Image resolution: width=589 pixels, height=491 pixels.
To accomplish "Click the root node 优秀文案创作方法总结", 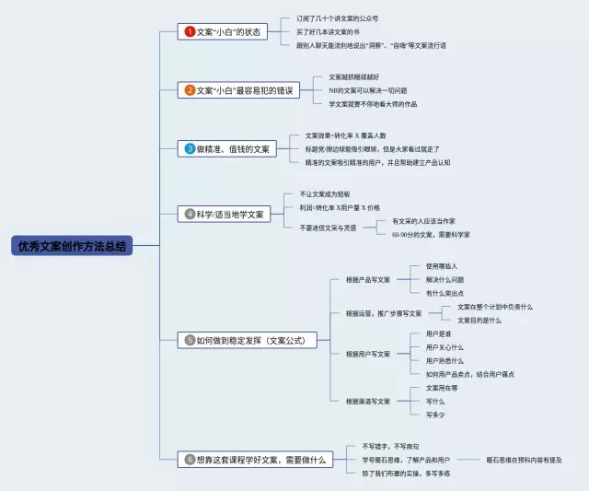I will pyautogui.click(x=72, y=246).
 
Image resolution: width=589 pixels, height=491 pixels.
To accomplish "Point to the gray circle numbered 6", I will pyautogui.click(x=190, y=459).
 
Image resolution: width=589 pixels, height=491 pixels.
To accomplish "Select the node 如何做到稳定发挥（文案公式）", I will pyautogui.click(x=249, y=340).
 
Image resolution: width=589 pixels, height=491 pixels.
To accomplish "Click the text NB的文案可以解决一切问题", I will pyautogui.click(x=367, y=90).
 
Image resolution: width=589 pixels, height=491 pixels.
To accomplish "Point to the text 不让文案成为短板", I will pyautogui.click(x=325, y=194).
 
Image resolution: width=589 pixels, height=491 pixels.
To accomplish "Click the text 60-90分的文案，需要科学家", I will pyautogui.click(x=430, y=235).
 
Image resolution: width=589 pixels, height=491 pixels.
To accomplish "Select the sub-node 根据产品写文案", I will pyautogui.click(x=367, y=279).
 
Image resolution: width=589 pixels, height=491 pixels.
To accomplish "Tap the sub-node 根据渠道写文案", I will pyautogui.click(x=367, y=401).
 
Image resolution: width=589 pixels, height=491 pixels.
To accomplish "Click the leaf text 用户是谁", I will pyautogui.click(x=438, y=333).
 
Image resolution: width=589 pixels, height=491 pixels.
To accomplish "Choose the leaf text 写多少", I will pyautogui.click(x=435, y=415).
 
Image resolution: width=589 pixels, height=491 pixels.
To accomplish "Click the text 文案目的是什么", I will pyautogui.click(x=479, y=320).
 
